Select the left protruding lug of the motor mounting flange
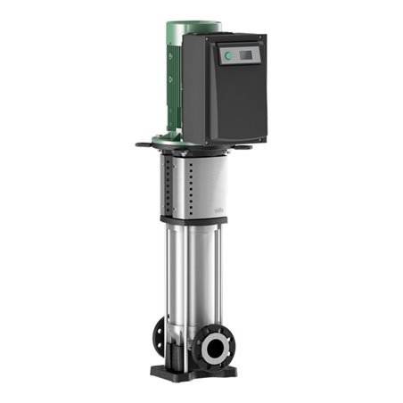tap(143, 144)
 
